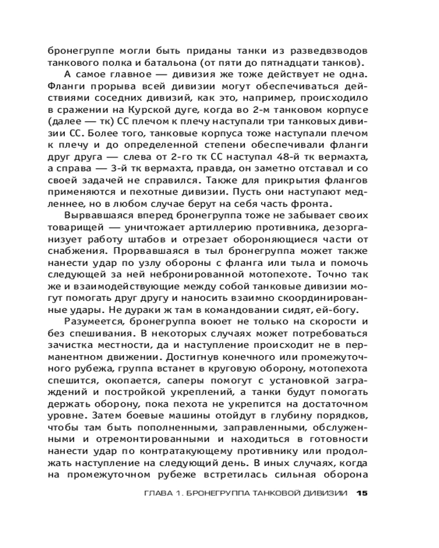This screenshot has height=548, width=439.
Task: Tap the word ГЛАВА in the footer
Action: [x=156, y=493]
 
